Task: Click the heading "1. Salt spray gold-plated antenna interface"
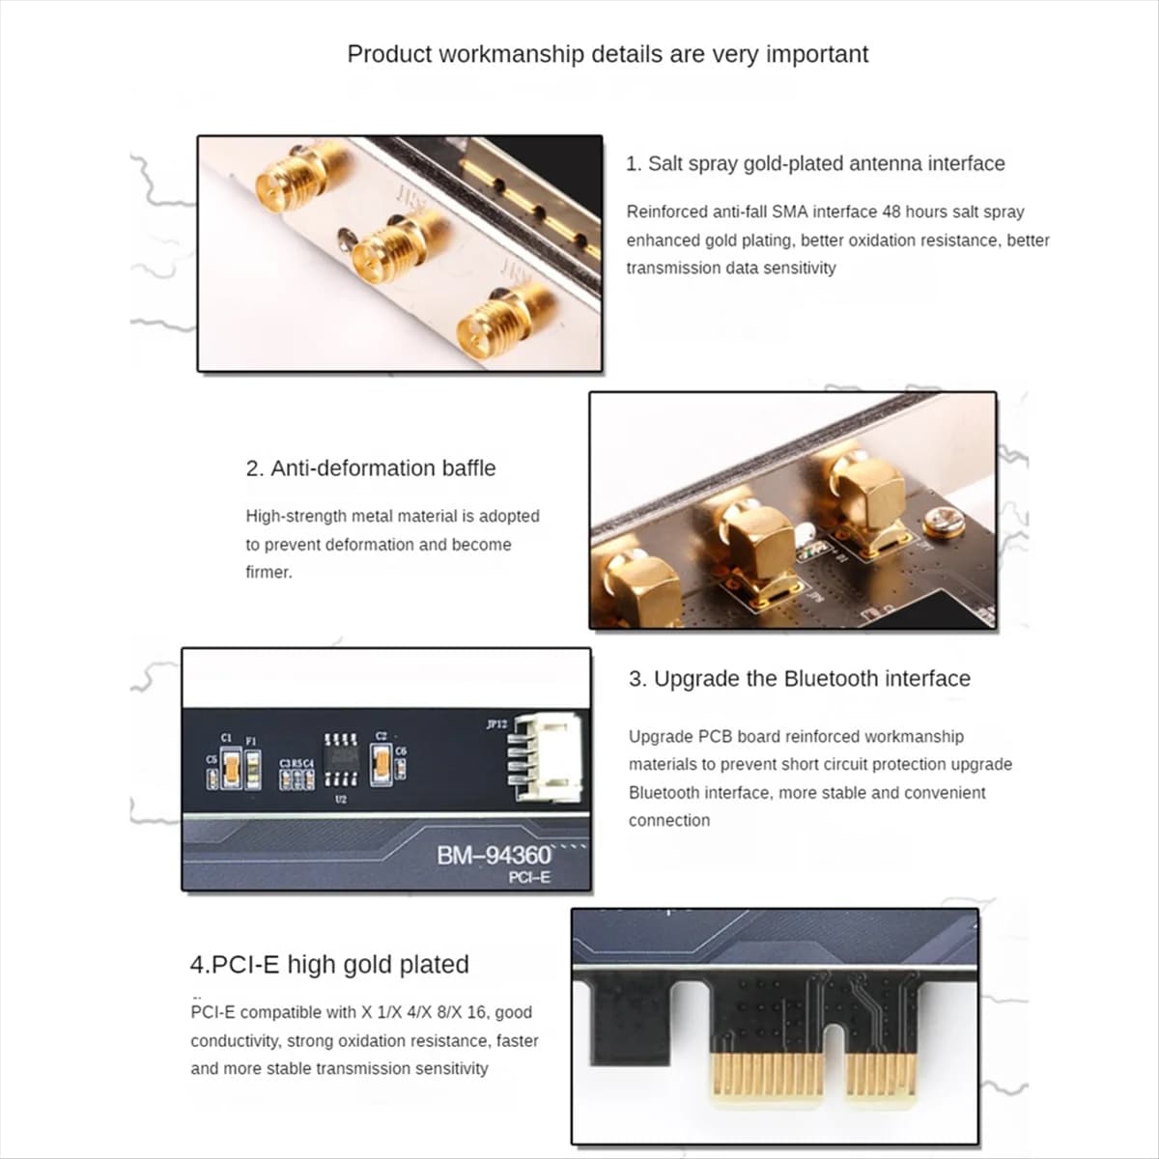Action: (815, 163)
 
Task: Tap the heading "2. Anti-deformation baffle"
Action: (370, 468)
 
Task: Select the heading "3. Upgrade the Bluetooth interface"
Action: (799, 679)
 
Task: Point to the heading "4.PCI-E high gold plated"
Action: (329, 964)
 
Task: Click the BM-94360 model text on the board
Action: (493, 855)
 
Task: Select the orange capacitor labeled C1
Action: (231, 769)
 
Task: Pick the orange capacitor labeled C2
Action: (382, 765)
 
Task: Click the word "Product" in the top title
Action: (389, 54)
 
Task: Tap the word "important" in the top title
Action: (817, 54)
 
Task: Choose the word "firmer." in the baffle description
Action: (269, 572)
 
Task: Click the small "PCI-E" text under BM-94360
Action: (529, 877)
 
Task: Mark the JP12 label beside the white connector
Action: (495, 723)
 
